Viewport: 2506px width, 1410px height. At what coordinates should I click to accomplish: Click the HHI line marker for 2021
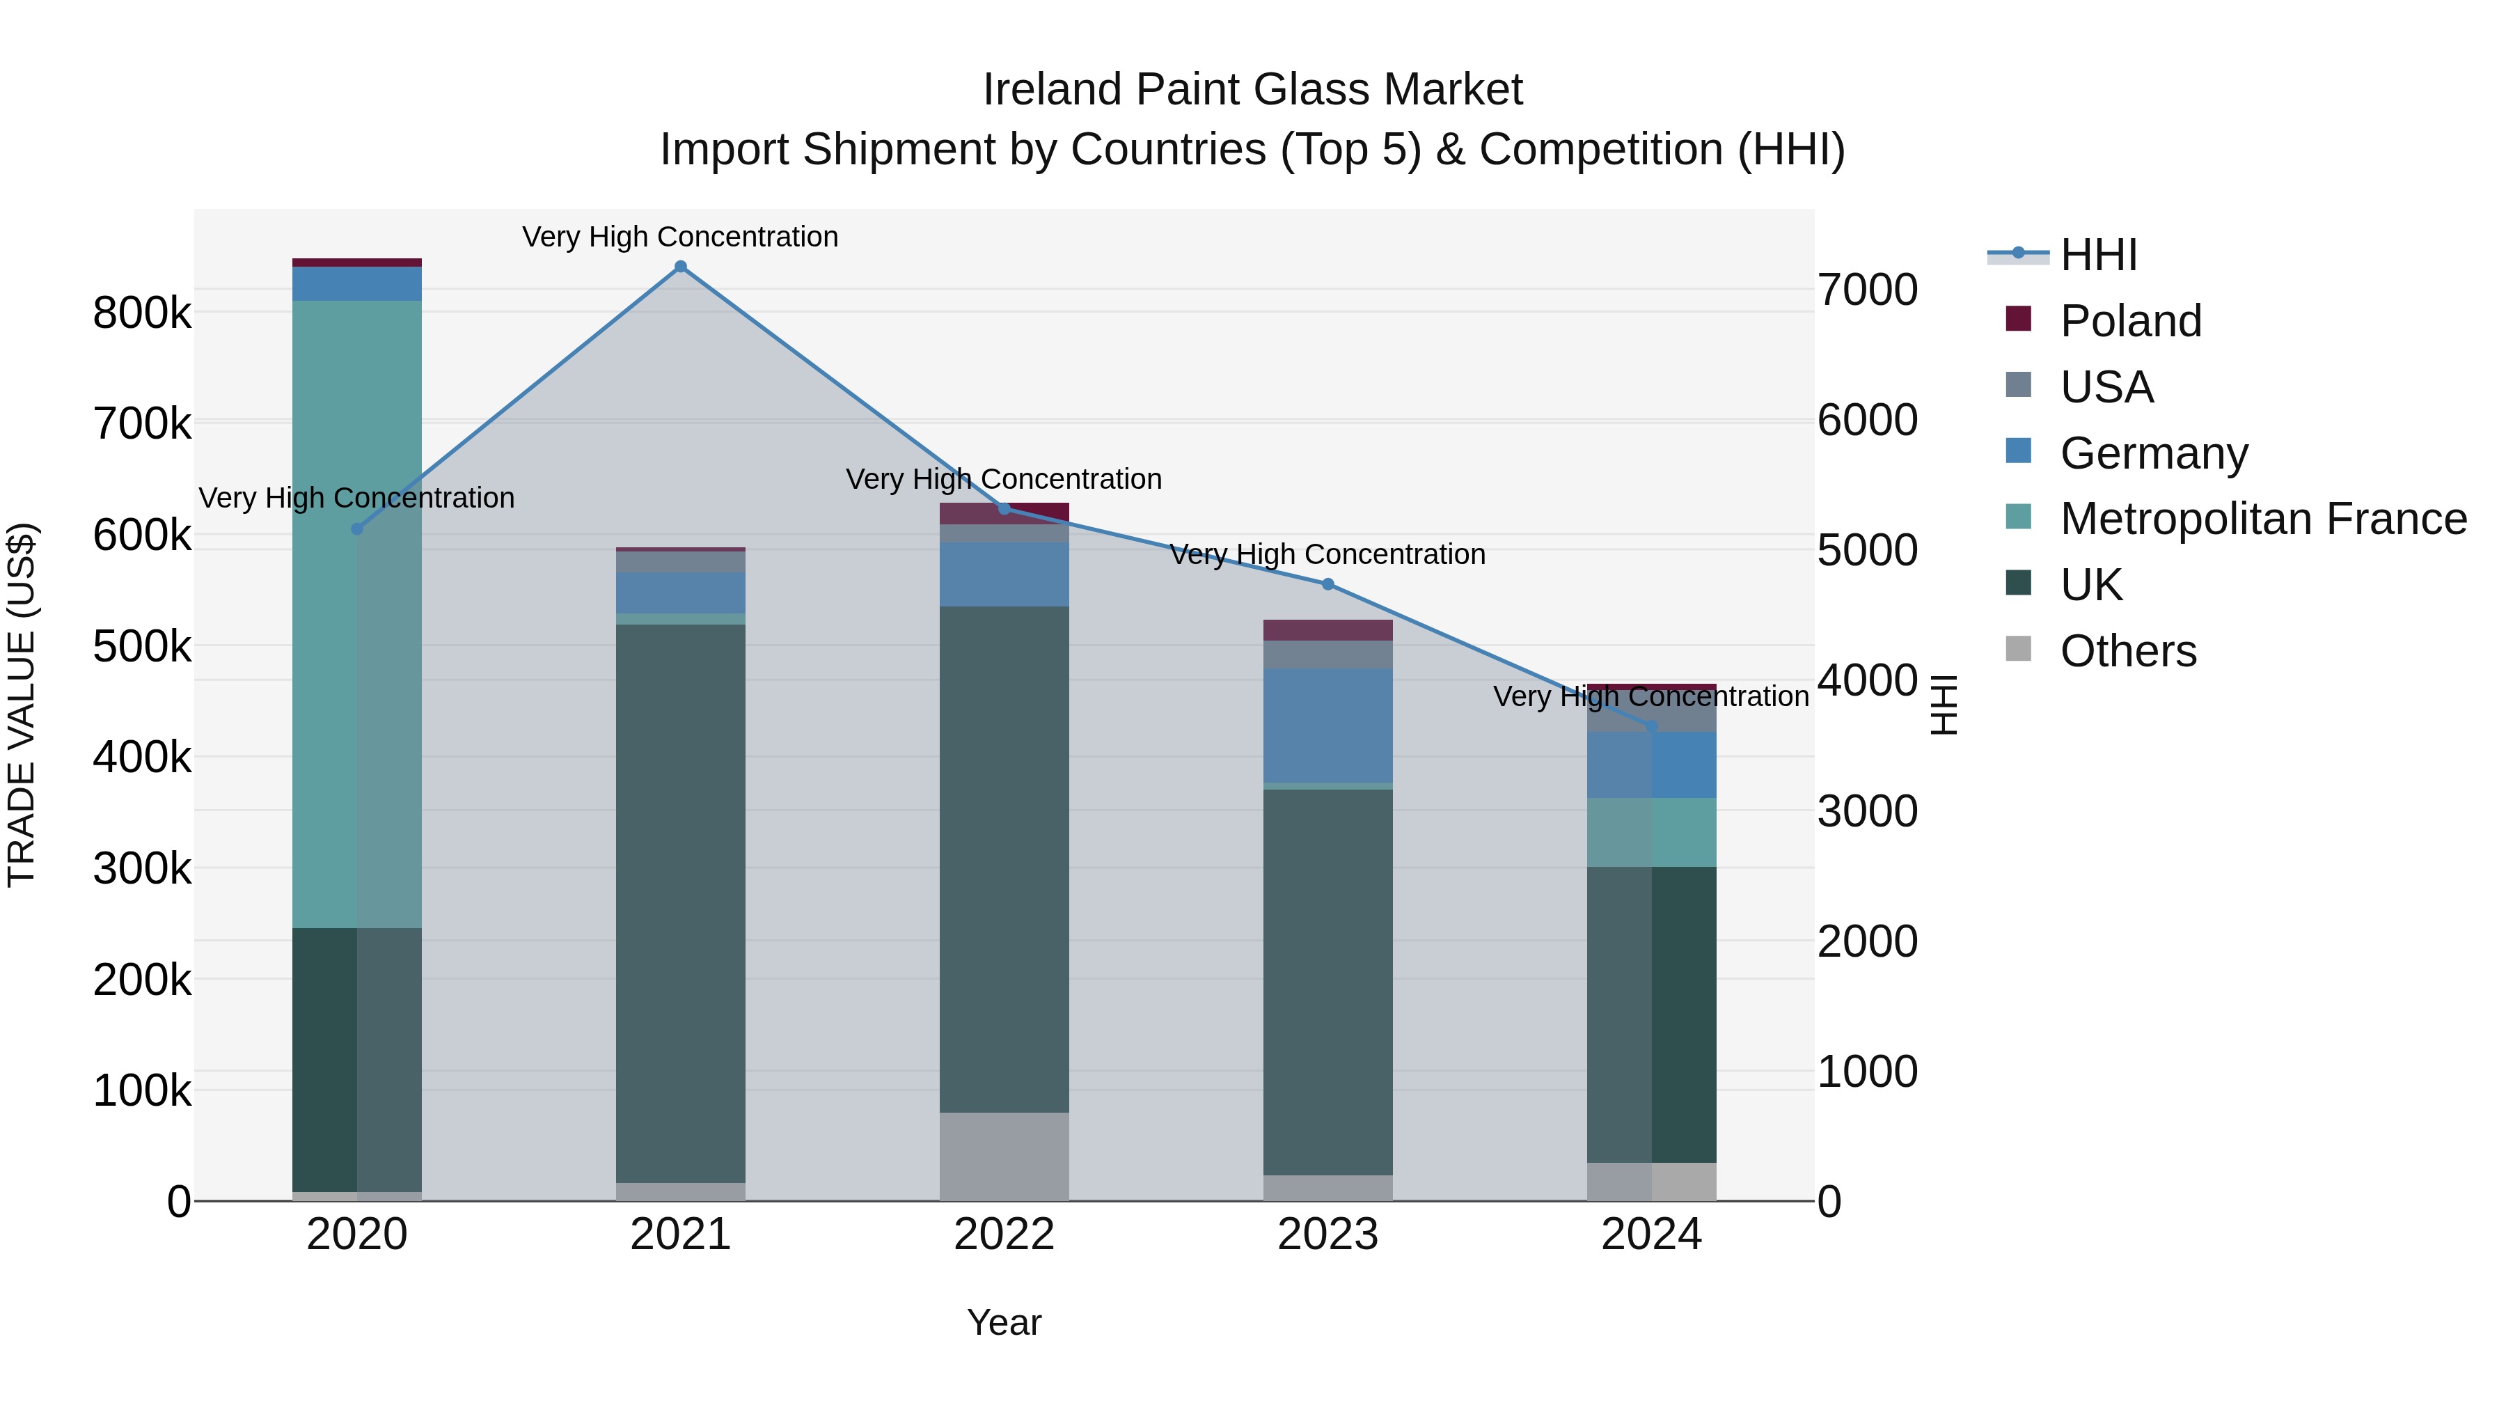pyautogui.click(x=680, y=267)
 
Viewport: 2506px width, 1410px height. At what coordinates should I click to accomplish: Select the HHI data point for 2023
pyautogui.click(x=1328, y=584)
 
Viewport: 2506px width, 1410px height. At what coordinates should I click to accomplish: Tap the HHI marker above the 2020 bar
pyautogui.click(x=357, y=529)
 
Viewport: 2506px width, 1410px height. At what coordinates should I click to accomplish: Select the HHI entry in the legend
pyautogui.click(x=2097, y=255)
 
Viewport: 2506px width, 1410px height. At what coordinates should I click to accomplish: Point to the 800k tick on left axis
pyautogui.click(x=142, y=313)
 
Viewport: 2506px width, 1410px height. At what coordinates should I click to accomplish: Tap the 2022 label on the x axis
pyautogui.click(x=1004, y=1235)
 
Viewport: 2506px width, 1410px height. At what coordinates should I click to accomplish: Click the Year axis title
pyautogui.click(x=1004, y=1322)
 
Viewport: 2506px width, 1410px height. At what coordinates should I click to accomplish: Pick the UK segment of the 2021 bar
pyautogui.click(x=680, y=903)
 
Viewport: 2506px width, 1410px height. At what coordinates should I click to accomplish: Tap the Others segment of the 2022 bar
pyautogui.click(x=1004, y=1156)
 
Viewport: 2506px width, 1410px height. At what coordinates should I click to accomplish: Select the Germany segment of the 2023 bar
pyautogui.click(x=1328, y=725)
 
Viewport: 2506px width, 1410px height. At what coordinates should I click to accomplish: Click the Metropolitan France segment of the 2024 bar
pyautogui.click(x=1652, y=832)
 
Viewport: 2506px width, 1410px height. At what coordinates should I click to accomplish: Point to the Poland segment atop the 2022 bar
pyautogui.click(x=1004, y=512)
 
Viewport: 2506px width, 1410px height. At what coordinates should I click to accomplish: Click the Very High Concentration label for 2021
pyautogui.click(x=680, y=237)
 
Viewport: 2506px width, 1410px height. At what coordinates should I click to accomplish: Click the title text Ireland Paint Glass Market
pyautogui.click(x=1252, y=90)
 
